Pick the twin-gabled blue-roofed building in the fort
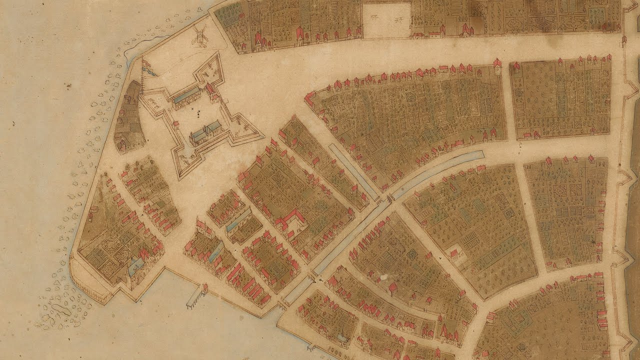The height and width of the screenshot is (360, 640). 207,131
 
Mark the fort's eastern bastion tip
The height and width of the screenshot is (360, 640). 262,136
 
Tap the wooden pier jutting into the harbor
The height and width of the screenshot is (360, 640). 195,297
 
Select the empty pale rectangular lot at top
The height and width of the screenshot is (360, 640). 385,20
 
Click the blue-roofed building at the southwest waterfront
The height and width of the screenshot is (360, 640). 136,267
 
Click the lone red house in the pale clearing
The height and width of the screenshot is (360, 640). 454,253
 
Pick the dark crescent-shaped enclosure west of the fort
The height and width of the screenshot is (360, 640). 129,117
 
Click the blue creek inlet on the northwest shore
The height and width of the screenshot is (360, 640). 131,52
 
